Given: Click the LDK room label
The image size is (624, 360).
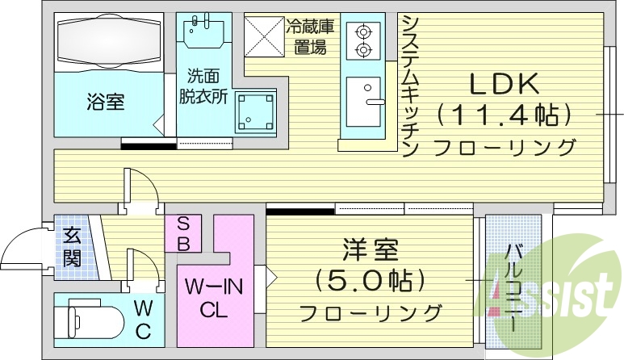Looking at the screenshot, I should [x=506, y=83].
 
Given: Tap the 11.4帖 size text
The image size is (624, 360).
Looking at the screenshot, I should [x=506, y=115].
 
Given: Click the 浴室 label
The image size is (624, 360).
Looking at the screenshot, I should [x=106, y=103].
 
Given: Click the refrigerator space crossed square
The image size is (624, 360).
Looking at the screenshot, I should [x=266, y=35].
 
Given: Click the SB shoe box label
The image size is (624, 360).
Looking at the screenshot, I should [x=182, y=233].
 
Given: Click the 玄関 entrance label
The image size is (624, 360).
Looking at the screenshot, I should [x=71, y=247].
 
